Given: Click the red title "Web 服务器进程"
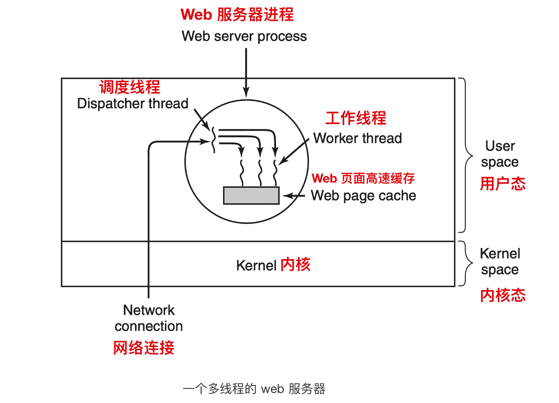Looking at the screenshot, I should pos(237,15).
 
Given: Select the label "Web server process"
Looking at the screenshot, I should pos(244,36).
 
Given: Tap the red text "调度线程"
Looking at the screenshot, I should pos(130,87).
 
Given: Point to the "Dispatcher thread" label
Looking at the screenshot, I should pos(132,104).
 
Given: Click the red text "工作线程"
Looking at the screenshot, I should pos(356,118).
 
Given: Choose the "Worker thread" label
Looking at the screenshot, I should pos(357,138).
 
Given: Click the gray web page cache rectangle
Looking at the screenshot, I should pos(251,195).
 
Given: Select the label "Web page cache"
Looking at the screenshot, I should pos(363,196).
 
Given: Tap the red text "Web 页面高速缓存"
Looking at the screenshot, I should pos(363,178).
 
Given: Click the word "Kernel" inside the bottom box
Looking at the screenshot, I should pos(256,266).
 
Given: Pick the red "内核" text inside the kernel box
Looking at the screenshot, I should pos(295,265).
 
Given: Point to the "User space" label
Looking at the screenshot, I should pos(500,154).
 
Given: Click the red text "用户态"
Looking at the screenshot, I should pos(502,184).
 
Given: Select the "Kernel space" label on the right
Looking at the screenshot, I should pos(500,261).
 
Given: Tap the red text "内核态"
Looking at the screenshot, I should pos(502,295).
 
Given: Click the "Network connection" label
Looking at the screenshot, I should pos(149,318).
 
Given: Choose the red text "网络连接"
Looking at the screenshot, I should pos(144,348).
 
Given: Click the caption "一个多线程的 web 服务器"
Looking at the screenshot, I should pos(254,389).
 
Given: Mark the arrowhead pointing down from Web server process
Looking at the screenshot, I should pos(246,92).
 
